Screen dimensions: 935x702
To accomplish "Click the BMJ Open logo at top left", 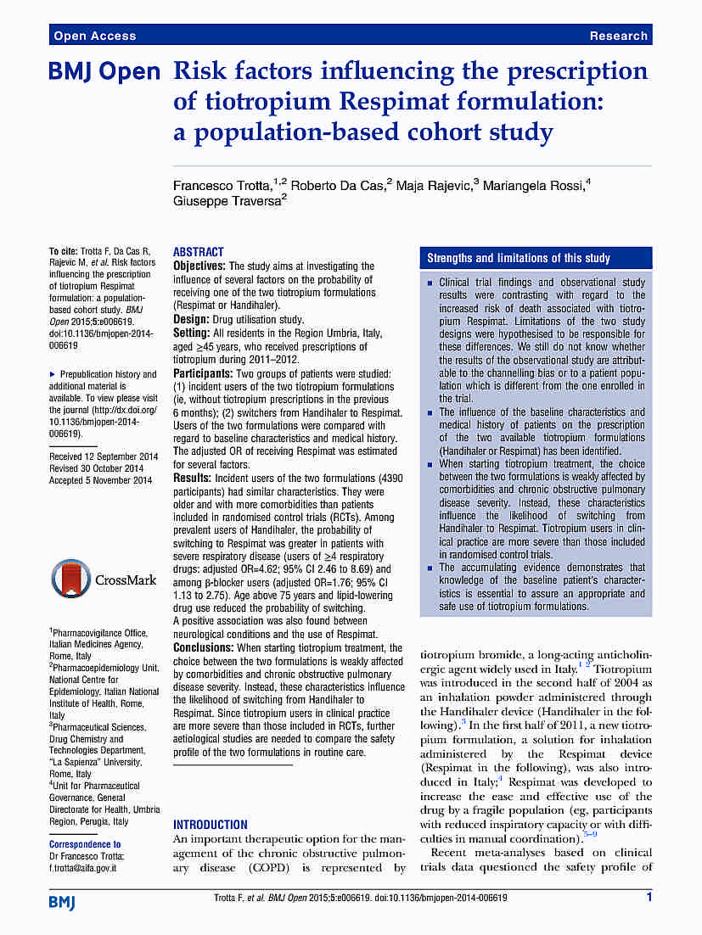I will [104, 73].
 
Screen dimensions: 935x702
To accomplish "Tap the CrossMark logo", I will [104, 580].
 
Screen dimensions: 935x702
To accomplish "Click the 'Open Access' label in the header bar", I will [94, 36].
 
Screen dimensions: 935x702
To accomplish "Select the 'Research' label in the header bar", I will [619, 36].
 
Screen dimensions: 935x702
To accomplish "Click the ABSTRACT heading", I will [199, 252].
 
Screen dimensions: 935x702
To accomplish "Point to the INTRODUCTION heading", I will [211, 824].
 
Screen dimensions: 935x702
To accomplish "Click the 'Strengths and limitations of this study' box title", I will [518, 258].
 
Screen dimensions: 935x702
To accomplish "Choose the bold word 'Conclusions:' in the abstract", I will [204, 648].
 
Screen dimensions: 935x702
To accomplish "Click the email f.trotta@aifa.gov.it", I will [82, 868].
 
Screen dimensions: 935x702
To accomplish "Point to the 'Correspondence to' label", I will [85, 844].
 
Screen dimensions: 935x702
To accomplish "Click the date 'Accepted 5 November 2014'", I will [100, 480].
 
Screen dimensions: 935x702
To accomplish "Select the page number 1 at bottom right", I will [649, 898].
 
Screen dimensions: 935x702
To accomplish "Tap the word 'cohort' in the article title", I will [435, 132].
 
